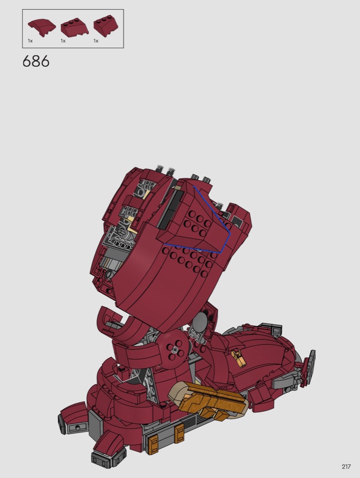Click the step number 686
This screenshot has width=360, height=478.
36,61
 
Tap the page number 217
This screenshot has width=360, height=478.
346,467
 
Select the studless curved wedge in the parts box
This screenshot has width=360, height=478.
42,28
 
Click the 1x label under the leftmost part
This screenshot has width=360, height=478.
30,41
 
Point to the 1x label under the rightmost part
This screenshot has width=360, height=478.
96,41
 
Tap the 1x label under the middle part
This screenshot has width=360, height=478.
63,41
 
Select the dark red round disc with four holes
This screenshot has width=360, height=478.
175,349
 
